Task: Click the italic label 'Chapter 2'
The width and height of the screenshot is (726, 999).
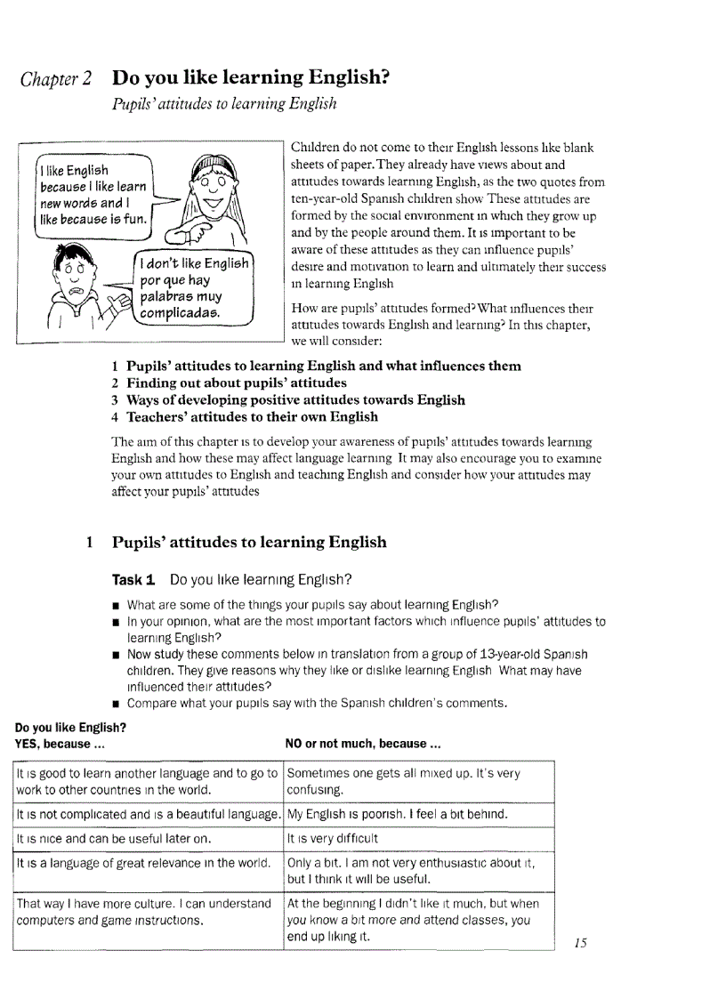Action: [54, 80]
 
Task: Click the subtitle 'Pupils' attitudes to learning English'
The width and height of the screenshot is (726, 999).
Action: [223, 104]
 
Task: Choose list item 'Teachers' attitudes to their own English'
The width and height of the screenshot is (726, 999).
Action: [252, 416]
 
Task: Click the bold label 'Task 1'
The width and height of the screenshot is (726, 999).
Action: [133, 580]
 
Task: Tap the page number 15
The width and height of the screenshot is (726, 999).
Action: [580, 943]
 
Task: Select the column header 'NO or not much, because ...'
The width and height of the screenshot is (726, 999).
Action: [362, 743]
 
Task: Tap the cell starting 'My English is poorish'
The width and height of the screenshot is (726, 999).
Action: [397, 814]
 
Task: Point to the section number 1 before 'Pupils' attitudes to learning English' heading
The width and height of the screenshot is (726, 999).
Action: [90, 542]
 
